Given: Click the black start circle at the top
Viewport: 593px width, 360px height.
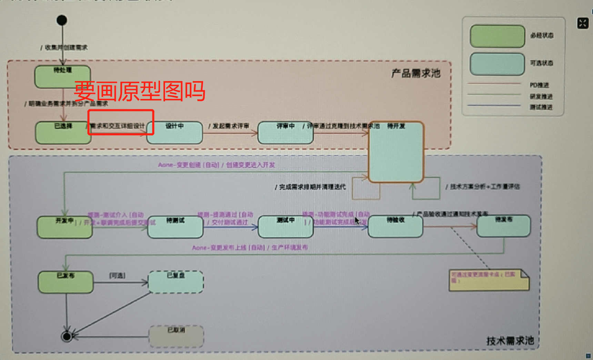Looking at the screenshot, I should [x=62, y=20].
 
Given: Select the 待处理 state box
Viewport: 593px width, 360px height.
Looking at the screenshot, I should [x=63, y=77].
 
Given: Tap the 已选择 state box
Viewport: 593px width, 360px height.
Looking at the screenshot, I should [x=63, y=132].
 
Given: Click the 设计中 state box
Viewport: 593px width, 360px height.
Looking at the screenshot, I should [x=175, y=132].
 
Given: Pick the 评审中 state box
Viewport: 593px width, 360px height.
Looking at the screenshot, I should [x=285, y=132].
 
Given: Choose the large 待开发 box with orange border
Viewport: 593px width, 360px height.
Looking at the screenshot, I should [x=396, y=152].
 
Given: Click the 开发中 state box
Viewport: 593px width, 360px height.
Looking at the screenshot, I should [x=65, y=227].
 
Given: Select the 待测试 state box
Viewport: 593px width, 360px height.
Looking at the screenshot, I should [x=175, y=227].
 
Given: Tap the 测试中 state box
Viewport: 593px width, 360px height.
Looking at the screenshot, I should [x=285, y=227].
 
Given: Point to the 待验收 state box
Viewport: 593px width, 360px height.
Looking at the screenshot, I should [x=395, y=227].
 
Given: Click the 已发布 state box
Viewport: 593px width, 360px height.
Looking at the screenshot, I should [x=66, y=282].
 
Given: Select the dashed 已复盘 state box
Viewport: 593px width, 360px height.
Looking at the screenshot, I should [x=176, y=282].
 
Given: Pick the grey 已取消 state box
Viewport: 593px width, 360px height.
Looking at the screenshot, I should [x=176, y=336].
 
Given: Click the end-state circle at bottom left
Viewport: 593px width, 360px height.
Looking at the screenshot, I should [x=67, y=336].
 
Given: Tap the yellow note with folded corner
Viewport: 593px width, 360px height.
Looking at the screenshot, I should [x=489, y=280].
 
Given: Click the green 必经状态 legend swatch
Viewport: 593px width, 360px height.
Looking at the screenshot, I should [x=497, y=36].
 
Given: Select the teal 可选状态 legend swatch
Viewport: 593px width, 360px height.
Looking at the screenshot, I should [x=497, y=64].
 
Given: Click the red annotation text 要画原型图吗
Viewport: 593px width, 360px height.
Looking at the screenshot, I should [x=139, y=91].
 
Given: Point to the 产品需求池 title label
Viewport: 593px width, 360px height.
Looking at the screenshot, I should [x=416, y=73].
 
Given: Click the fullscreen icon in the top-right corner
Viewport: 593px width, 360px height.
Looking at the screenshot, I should [x=583, y=23].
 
